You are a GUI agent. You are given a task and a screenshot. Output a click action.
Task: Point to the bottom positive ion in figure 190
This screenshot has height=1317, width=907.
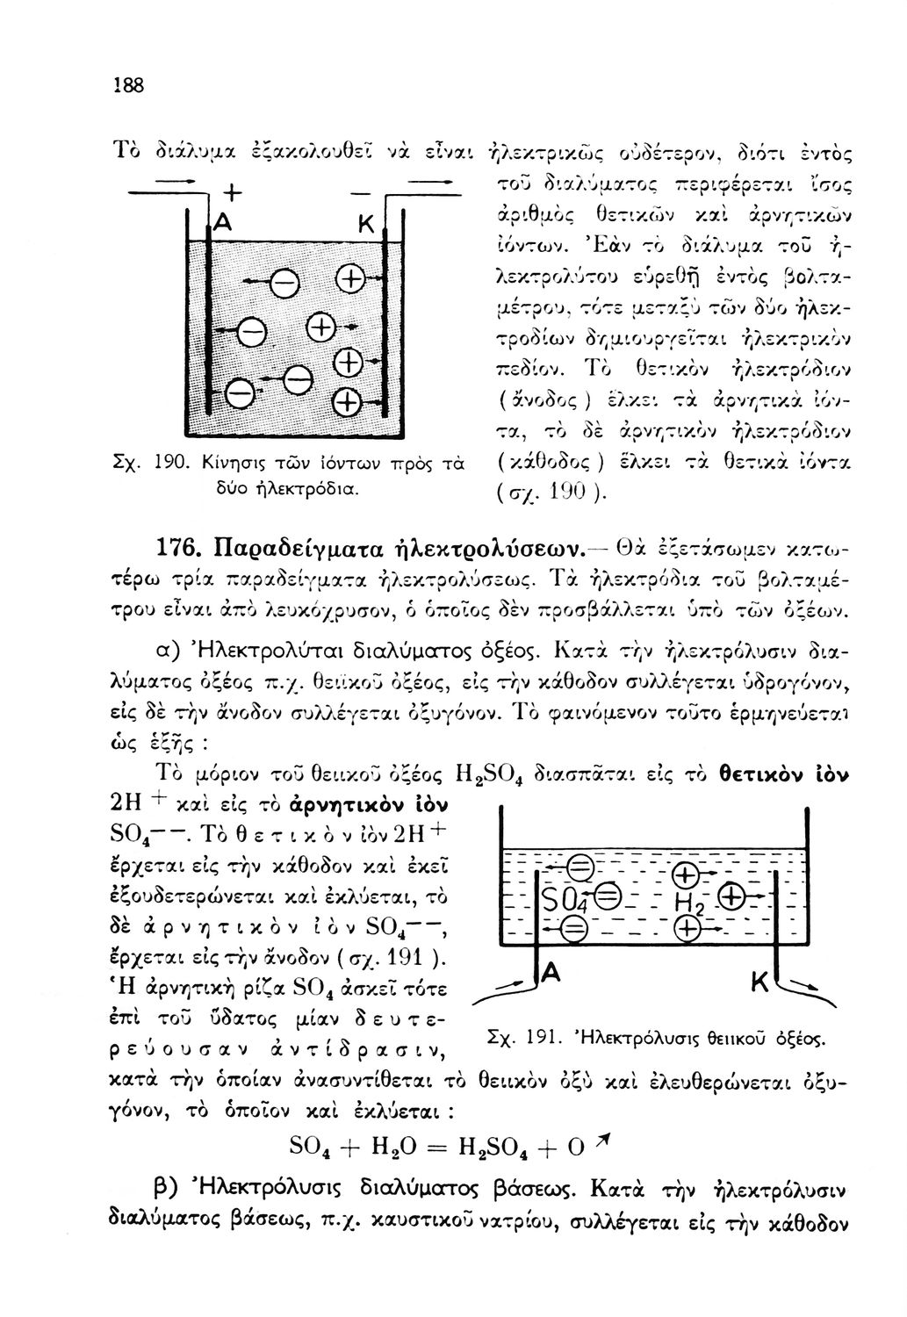(349, 404)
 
